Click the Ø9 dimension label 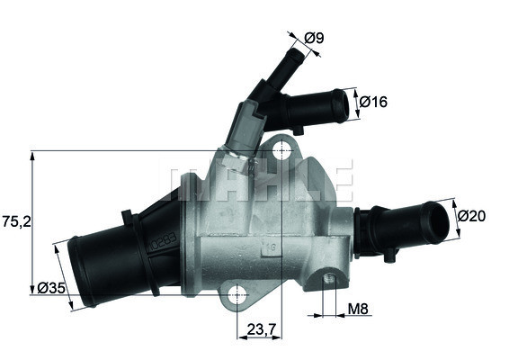(314, 38)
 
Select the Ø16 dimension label (373, 103)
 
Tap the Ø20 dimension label (472, 216)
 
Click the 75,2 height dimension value (15, 219)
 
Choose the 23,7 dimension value (259, 329)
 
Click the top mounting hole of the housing (283, 148)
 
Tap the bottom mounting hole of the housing (237, 293)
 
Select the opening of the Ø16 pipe (339, 107)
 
